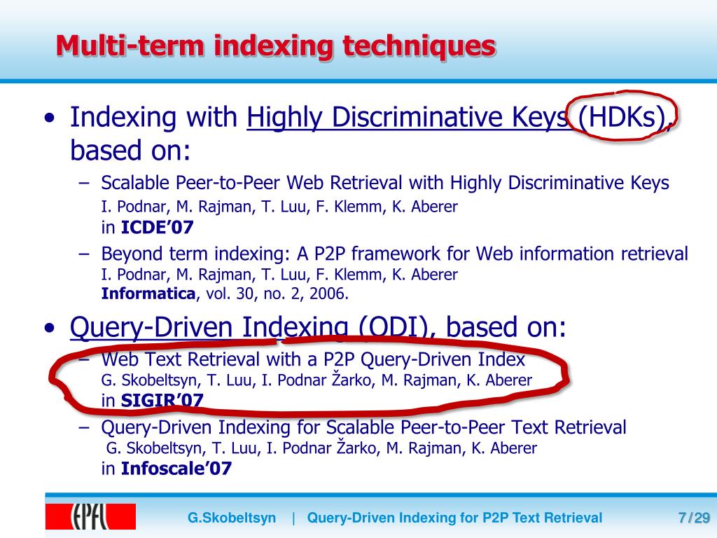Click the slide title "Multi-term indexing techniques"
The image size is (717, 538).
pos(276,46)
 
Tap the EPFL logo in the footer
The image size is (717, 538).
pos(90,517)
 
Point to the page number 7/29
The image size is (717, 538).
pos(694,518)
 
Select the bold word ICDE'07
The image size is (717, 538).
pos(157,227)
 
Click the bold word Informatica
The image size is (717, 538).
pos(148,294)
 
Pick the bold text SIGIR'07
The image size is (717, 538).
pos(162,401)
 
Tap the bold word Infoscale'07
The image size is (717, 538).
pos(176,469)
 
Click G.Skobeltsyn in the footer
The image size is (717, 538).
pos(232,518)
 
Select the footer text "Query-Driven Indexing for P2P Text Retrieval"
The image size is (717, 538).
pos(454,518)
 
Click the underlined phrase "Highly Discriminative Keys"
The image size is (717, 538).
pos(408,118)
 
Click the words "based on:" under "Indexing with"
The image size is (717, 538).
pos(130,149)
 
